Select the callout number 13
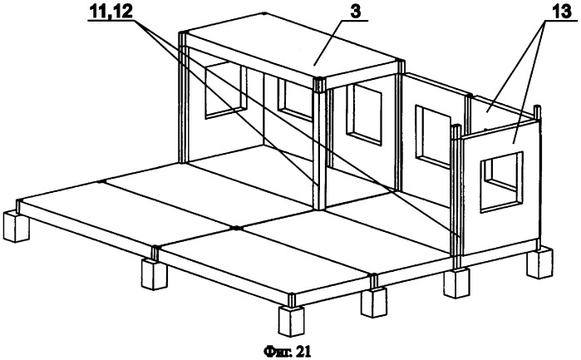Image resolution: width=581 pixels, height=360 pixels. tap(563, 12)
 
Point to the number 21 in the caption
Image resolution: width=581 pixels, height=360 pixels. tap(304, 351)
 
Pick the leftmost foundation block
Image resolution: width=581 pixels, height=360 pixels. tap(15, 226)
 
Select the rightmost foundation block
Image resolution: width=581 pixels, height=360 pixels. tap(540, 264)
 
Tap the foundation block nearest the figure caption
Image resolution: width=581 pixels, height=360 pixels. tap(291, 321)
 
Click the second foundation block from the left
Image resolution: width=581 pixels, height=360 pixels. tap(155, 274)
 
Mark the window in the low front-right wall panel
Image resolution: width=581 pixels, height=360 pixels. tap(502, 182)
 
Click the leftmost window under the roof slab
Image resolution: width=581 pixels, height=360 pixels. tap(225, 91)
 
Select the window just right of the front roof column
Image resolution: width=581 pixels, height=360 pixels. tap(364, 114)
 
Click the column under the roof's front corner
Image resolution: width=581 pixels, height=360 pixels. tap(318, 144)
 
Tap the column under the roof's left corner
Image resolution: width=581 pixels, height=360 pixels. tap(182, 97)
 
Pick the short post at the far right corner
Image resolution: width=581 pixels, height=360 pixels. tap(538, 114)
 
